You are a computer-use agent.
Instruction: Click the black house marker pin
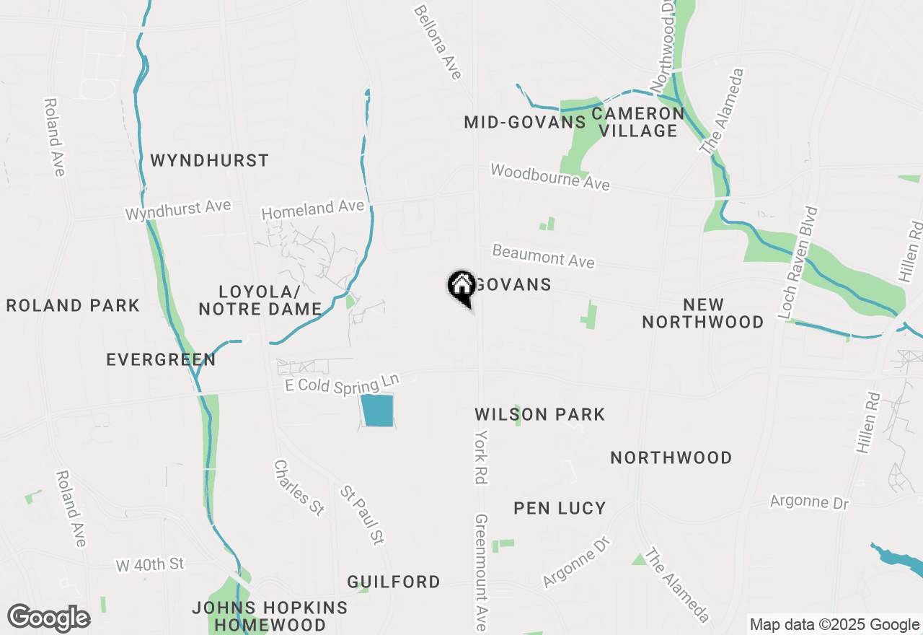(x=461, y=287)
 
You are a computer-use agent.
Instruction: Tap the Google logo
(x=48, y=618)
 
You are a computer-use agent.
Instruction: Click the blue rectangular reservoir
(x=378, y=411)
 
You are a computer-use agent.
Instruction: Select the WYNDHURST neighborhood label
(x=209, y=160)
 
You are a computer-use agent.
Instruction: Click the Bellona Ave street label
(x=437, y=43)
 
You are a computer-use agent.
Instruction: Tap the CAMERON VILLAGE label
(x=638, y=122)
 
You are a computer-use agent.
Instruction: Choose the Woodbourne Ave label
(x=549, y=177)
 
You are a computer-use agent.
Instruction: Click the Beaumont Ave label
(x=543, y=255)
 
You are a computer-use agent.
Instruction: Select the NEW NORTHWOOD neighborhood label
(x=703, y=313)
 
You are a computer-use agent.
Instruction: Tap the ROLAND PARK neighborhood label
(x=73, y=305)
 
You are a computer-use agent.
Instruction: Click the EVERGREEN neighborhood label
(x=161, y=359)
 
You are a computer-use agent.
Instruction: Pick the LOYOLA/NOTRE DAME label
(x=260, y=300)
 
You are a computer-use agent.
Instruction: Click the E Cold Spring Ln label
(x=342, y=383)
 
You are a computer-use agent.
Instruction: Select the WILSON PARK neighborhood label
(x=539, y=414)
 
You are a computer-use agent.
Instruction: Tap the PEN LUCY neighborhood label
(x=560, y=508)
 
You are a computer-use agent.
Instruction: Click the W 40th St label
(x=151, y=564)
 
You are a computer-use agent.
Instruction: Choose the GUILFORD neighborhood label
(x=394, y=582)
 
